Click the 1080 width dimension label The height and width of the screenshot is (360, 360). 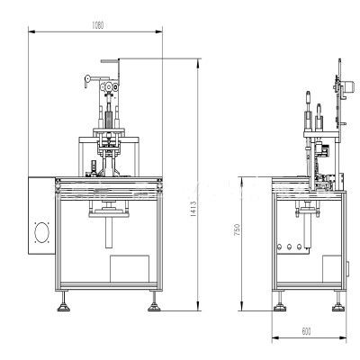[97, 25]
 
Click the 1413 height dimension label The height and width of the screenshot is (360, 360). [193, 209]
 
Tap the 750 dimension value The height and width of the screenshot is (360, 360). [237, 229]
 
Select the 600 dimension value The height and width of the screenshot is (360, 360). [306, 331]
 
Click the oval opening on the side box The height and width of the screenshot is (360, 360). [41, 232]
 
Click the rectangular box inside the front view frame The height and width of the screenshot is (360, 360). [130, 269]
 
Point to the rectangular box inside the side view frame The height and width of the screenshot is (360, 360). [332, 269]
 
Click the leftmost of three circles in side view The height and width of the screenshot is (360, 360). [279, 247]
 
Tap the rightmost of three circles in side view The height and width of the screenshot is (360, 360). [299, 247]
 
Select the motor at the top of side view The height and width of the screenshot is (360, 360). [350, 86]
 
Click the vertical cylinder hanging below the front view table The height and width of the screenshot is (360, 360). [109, 232]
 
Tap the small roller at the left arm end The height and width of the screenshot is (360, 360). [87, 79]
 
